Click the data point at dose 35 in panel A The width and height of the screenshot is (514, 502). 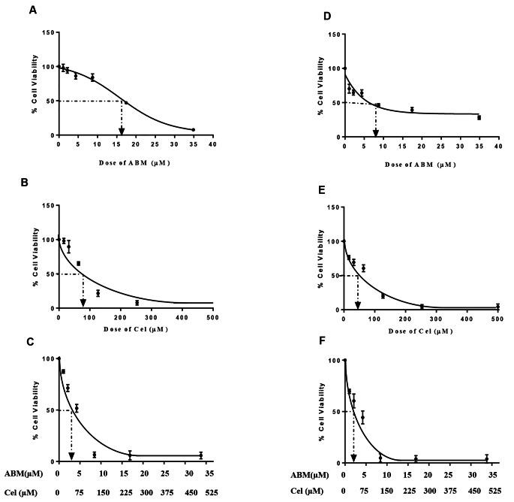pyautogui.click(x=193, y=130)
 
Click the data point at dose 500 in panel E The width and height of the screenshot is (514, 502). pyautogui.click(x=497, y=306)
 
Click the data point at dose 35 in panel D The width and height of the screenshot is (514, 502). pyautogui.click(x=479, y=117)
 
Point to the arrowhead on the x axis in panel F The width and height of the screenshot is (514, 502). pyautogui.click(x=353, y=457)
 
